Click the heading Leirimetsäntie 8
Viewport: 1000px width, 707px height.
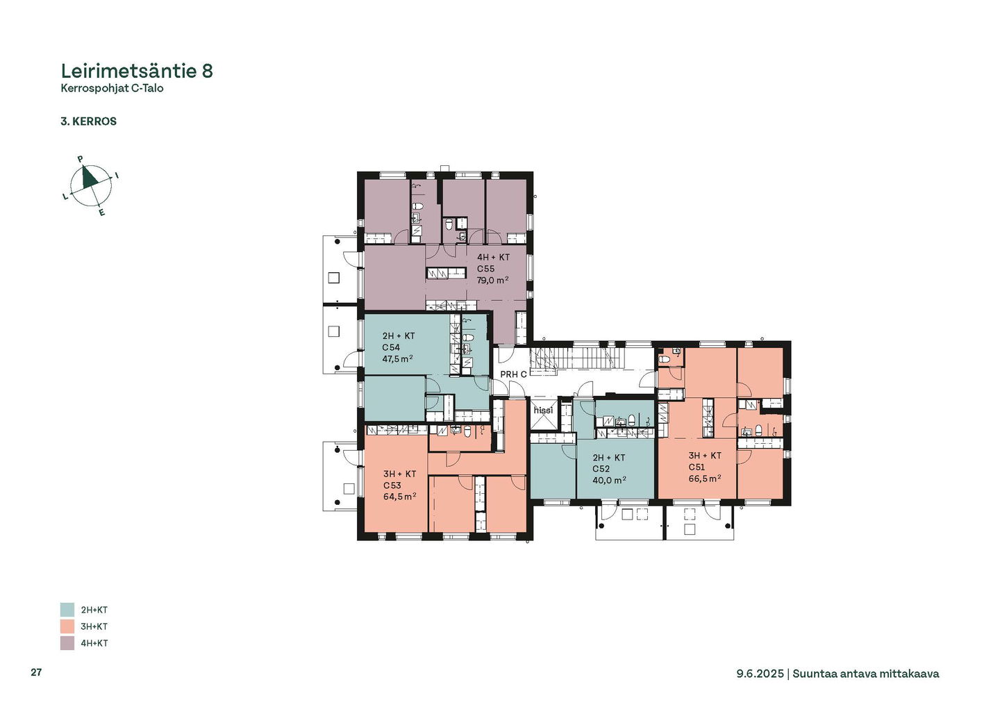(x=137, y=71)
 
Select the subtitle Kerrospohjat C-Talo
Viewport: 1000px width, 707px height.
(x=112, y=88)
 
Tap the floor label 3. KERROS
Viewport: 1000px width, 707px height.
(x=88, y=122)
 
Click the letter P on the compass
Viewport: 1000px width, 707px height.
(x=81, y=158)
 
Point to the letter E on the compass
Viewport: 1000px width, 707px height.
(x=102, y=213)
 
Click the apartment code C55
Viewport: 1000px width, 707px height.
(x=485, y=269)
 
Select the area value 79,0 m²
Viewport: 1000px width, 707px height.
(x=493, y=281)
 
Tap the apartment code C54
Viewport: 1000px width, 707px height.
(x=390, y=347)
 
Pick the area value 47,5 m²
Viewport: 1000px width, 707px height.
(x=397, y=358)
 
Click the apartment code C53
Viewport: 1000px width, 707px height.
(x=392, y=485)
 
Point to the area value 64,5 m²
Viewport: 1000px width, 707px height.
(x=399, y=497)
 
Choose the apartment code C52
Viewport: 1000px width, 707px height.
(x=601, y=469)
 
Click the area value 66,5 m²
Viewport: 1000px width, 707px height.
(x=705, y=479)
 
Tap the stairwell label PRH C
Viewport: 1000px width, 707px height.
(x=513, y=374)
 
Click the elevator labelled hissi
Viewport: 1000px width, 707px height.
(x=543, y=410)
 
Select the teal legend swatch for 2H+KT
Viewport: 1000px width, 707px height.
(x=67, y=610)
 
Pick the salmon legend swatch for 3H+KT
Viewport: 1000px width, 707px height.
(x=67, y=626)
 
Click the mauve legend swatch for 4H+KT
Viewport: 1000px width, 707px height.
(x=67, y=643)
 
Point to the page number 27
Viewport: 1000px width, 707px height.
(x=36, y=672)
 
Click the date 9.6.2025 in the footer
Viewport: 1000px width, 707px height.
(x=760, y=674)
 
